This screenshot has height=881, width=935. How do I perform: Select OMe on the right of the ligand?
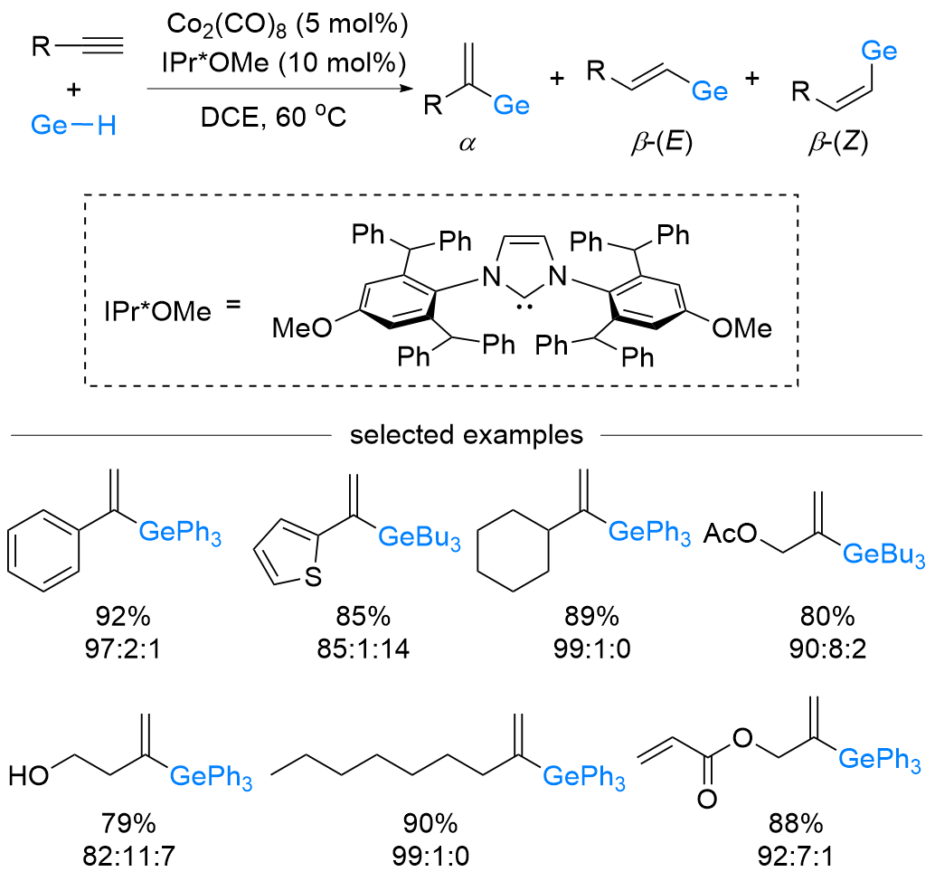pos(741,327)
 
